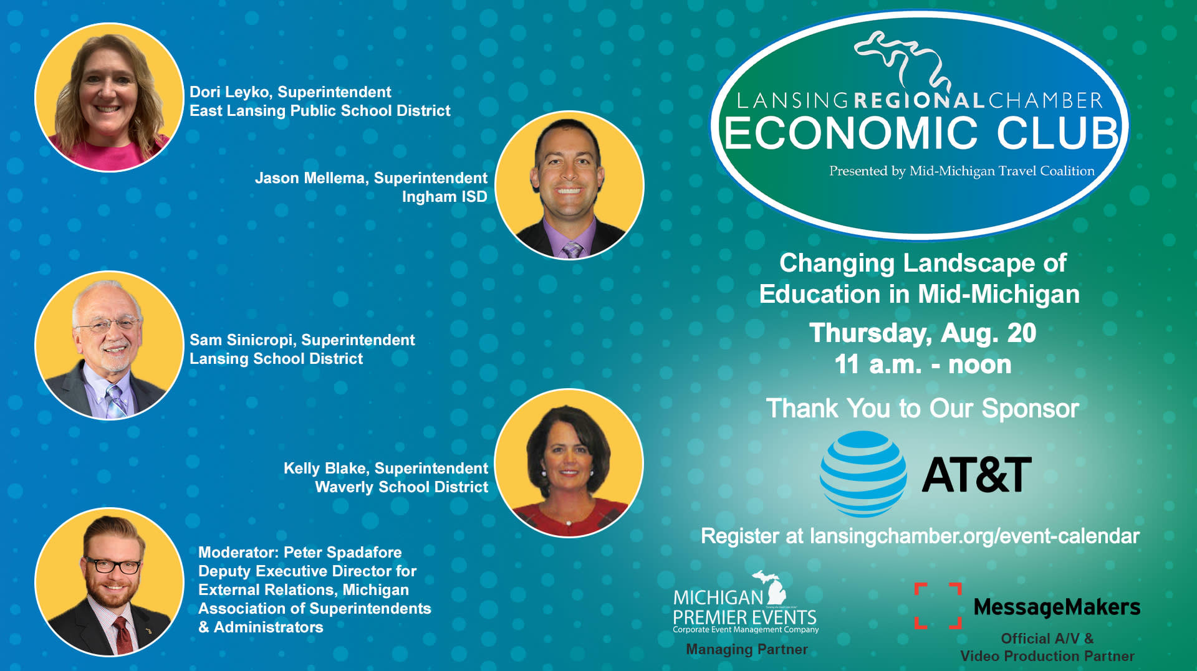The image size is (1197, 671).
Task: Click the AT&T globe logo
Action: click(863, 474)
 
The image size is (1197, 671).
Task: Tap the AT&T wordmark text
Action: click(976, 475)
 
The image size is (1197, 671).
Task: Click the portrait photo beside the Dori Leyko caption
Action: click(109, 97)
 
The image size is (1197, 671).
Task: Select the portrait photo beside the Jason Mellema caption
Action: click(569, 185)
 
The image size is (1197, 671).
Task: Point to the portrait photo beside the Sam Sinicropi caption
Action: click(109, 345)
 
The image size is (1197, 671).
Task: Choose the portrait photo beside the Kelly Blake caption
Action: click(569, 463)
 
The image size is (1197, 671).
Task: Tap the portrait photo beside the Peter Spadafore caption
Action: click(109, 582)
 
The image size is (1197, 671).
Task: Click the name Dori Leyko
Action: click(230, 92)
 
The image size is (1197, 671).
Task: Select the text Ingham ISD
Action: click(445, 197)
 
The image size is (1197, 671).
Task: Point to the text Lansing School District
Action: click(276, 359)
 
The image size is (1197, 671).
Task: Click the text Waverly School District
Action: click(401, 487)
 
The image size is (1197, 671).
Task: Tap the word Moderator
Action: click(238, 553)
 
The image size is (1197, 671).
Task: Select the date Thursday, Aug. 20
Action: click(923, 333)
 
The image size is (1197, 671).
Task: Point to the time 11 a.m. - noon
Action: click(923, 364)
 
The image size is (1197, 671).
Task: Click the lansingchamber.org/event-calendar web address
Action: click(974, 536)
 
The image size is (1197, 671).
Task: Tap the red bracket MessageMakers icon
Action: click(938, 606)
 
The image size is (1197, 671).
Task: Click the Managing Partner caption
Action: click(747, 649)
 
